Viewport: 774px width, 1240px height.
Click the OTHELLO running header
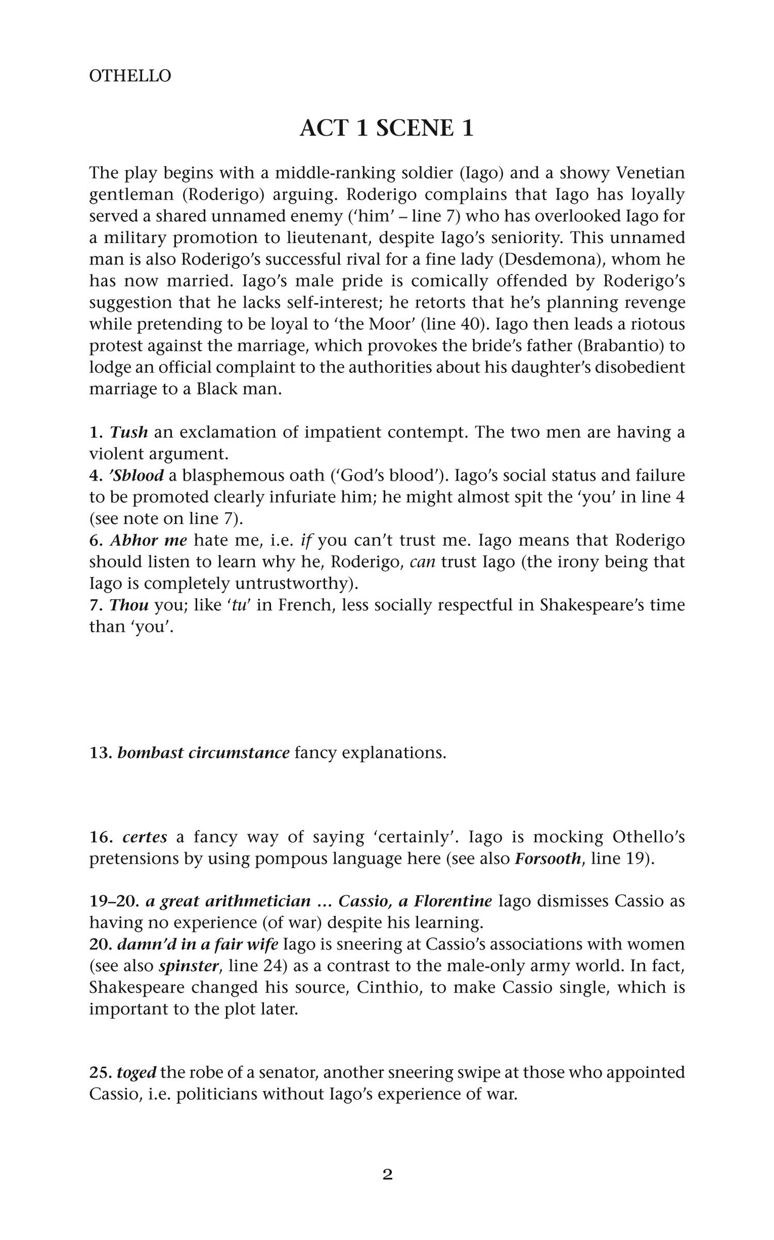[130, 76]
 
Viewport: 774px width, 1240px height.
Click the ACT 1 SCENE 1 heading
[386, 128]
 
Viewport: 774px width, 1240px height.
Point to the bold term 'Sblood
[136, 475]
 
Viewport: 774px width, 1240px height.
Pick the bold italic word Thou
[129, 605]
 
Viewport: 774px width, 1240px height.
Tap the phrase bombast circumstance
[203, 753]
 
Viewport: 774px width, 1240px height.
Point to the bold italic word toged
[136, 1072]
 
